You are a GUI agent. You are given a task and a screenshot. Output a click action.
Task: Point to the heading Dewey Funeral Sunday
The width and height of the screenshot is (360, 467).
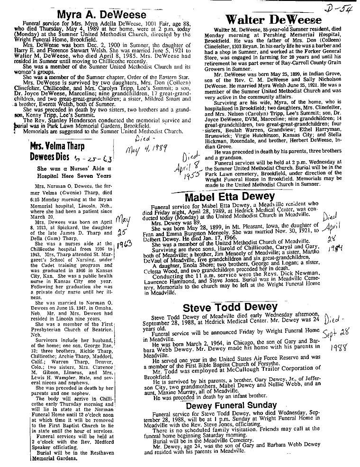pos(231,405)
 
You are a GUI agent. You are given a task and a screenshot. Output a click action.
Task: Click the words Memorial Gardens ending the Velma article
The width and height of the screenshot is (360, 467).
pos(55,459)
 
